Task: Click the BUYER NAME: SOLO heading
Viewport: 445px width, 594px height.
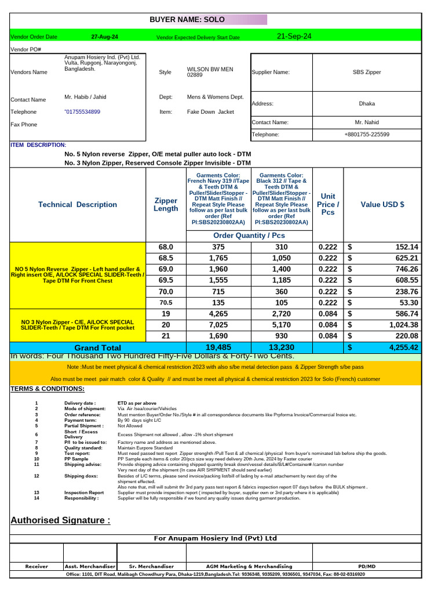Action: [x=187, y=20]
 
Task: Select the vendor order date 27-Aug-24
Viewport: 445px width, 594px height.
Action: [x=105, y=37]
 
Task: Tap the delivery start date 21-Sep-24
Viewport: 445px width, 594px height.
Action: [x=294, y=37]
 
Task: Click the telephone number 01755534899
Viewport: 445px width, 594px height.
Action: [x=82, y=112]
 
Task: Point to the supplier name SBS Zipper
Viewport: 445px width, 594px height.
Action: [x=367, y=73]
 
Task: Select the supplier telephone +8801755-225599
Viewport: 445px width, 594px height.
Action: [x=367, y=135]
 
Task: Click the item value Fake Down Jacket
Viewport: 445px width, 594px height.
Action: [x=210, y=112]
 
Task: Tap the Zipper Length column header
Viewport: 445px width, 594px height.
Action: [x=166, y=204]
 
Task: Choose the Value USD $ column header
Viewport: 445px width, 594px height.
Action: [x=382, y=204]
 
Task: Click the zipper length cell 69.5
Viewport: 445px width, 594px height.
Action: [x=166, y=280]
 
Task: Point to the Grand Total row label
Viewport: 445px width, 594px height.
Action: [x=97, y=347]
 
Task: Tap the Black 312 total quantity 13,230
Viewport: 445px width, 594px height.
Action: [x=282, y=347]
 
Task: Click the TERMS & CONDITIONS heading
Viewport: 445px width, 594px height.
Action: [x=48, y=389]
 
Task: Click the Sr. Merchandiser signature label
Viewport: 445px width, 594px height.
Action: [x=151, y=566]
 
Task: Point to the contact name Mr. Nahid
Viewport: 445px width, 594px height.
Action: [x=367, y=122]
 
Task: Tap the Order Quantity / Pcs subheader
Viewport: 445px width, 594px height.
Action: [x=249, y=236]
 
